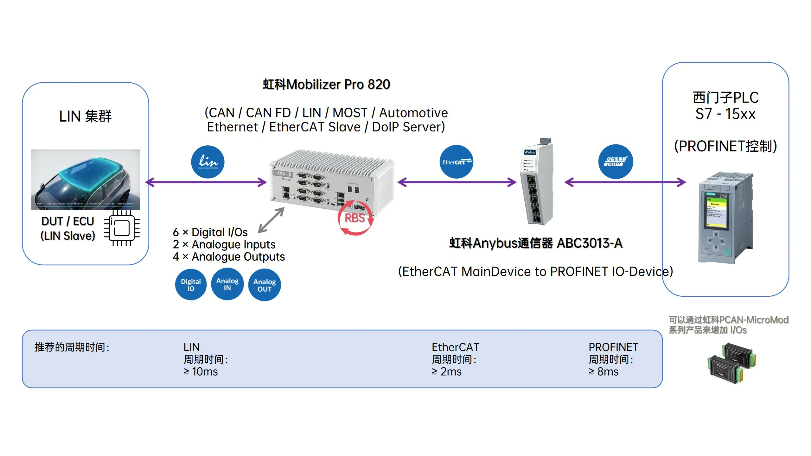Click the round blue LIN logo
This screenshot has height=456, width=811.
point(208,162)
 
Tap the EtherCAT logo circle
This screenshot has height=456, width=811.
point(456,162)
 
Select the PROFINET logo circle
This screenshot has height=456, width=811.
point(616,161)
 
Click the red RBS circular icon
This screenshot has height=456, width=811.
point(355,218)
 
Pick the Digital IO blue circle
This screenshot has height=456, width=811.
point(191,284)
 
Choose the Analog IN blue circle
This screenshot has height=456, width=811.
point(227,284)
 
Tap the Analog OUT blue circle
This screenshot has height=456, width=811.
point(264,285)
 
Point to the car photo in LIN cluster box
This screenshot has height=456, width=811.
point(86,180)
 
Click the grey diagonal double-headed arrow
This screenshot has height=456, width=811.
point(271,220)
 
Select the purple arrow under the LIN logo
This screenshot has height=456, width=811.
point(206,182)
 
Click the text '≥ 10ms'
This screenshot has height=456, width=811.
point(201,371)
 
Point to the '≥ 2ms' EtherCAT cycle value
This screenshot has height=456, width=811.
point(447,371)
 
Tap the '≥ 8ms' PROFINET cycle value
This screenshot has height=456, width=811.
point(603,371)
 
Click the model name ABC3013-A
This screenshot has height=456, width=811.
point(590,243)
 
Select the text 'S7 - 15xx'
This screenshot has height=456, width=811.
point(725,114)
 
